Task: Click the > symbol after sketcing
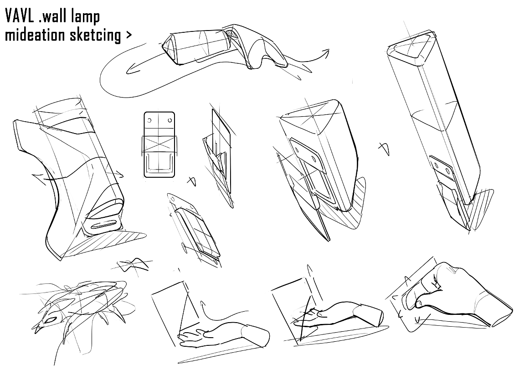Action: coord(128,35)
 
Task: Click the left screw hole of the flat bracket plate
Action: coord(149,121)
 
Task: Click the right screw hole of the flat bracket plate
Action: coord(169,121)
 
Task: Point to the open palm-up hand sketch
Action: coord(214,336)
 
